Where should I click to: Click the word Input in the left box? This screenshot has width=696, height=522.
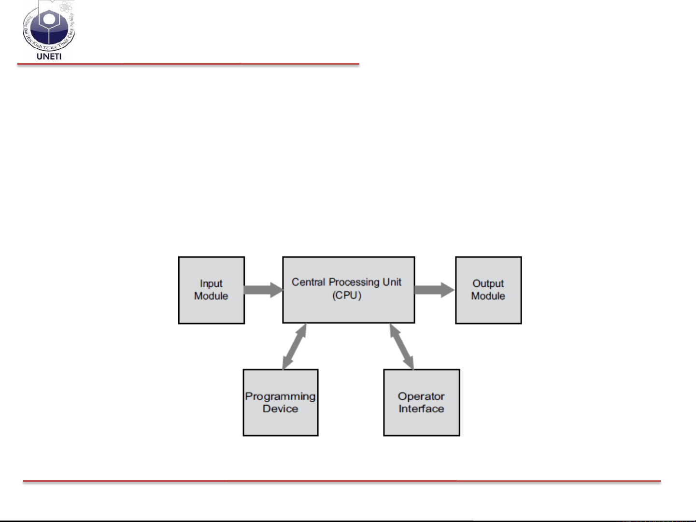pyautogui.click(x=211, y=284)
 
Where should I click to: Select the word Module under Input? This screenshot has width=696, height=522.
pyautogui.click(x=211, y=296)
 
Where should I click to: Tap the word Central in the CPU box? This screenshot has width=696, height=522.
pyautogui.click(x=308, y=282)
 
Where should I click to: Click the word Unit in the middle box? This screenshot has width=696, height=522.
pyautogui.click(x=392, y=282)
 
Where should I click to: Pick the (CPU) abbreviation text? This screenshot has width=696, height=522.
pyautogui.click(x=347, y=295)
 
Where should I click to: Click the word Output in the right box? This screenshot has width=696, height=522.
pyautogui.click(x=488, y=284)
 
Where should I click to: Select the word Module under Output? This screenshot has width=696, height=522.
pyautogui.click(x=488, y=296)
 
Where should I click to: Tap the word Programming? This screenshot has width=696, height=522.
pyautogui.click(x=280, y=397)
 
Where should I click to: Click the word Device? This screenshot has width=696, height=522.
pyautogui.click(x=280, y=409)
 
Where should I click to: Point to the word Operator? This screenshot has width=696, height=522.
pyautogui.click(x=421, y=396)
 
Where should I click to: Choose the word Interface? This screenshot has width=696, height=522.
pyautogui.click(x=421, y=409)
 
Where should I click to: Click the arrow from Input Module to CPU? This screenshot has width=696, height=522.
pyautogui.click(x=263, y=290)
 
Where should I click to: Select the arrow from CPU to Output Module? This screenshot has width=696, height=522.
pyautogui.click(x=434, y=290)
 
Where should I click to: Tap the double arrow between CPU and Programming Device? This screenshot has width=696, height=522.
pyautogui.click(x=294, y=347)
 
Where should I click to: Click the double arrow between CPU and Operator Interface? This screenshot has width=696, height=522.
pyautogui.click(x=402, y=347)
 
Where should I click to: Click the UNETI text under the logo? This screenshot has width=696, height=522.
pyautogui.click(x=49, y=56)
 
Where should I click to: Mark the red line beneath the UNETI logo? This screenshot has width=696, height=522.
pyautogui.click(x=188, y=64)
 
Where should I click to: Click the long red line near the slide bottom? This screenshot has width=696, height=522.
pyautogui.click(x=341, y=481)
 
